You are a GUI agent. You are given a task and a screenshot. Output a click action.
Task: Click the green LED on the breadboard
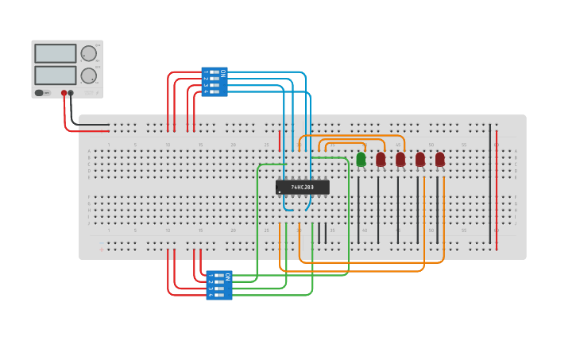[361, 159]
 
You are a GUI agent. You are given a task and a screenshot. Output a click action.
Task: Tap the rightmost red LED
[439, 159]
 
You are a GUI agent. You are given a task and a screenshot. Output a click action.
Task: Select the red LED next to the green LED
[381, 159]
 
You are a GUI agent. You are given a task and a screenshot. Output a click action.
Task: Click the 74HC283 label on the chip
[302, 188]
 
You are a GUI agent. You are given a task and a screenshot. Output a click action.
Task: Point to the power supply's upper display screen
[56, 53]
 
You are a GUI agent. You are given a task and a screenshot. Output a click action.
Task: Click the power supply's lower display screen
[56, 75]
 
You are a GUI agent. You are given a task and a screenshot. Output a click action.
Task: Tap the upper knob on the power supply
[88, 53]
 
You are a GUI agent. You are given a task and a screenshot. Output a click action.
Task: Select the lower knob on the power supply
[88, 76]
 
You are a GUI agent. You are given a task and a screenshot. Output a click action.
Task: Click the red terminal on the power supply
[64, 93]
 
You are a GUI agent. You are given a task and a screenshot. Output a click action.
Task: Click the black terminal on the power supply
[71, 93]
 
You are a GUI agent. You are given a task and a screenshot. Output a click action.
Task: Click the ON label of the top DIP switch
[223, 73]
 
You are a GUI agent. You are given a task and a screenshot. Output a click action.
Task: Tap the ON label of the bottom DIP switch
[228, 277]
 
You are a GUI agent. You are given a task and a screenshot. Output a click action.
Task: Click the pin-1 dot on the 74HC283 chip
[280, 192]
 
